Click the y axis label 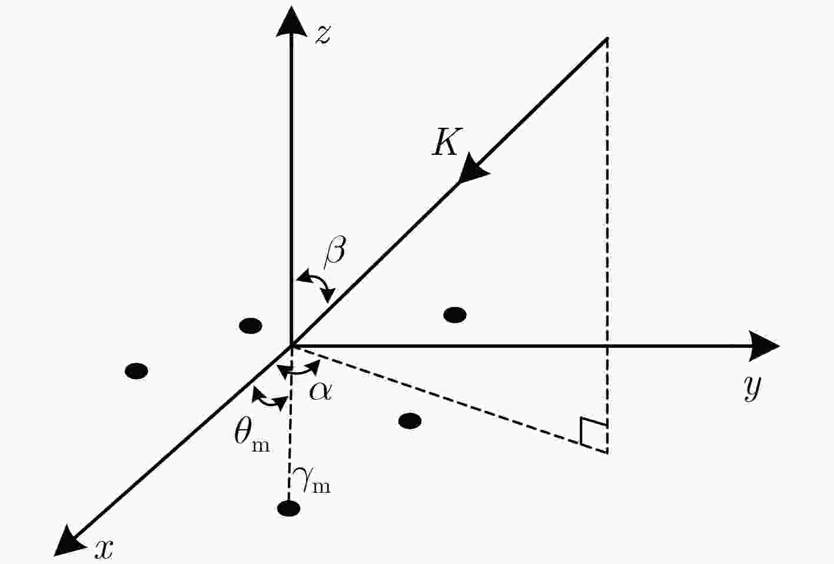pyautogui.click(x=752, y=387)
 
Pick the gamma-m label pyautogui.click(x=311, y=480)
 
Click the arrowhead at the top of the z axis pyautogui.click(x=291, y=22)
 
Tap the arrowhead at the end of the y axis pyautogui.click(x=764, y=346)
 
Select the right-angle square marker pyautogui.click(x=593, y=433)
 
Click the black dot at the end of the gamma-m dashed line pyautogui.click(x=289, y=509)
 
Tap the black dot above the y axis pyautogui.click(x=455, y=315)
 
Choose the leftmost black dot pyautogui.click(x=137, y=371)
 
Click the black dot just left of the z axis pyautogui.click(x=251, y=326)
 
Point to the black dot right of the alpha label pyautogui.click(x=410, y=422)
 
